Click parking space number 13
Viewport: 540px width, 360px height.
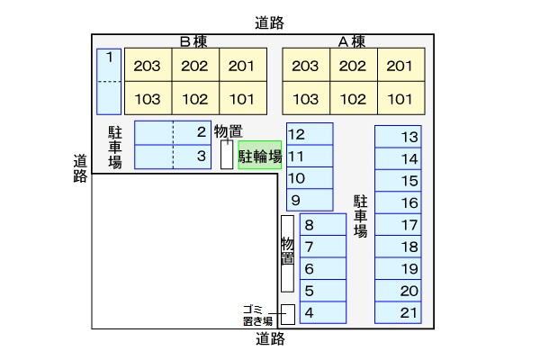click(398, 137)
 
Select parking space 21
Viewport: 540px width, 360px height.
click(398, 312)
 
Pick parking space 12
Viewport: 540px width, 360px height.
click(310, 134)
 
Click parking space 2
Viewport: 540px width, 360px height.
click(172, 132)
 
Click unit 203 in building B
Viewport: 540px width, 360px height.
click(148, 66)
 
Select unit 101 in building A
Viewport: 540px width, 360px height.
click(400, 98)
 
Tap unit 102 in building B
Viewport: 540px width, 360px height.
click(194, 98)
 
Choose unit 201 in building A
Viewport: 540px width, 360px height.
click(400, 66)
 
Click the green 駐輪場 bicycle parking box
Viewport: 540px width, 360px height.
click(259, 155)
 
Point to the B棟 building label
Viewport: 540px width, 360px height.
click(194, 40)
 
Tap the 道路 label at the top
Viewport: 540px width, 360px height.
click(269, 23)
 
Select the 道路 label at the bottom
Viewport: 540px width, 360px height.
click(269, 339)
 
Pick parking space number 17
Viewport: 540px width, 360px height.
click(398, 225)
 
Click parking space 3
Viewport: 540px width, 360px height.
click(172, 156)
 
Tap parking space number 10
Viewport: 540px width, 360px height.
click(310, 178)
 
